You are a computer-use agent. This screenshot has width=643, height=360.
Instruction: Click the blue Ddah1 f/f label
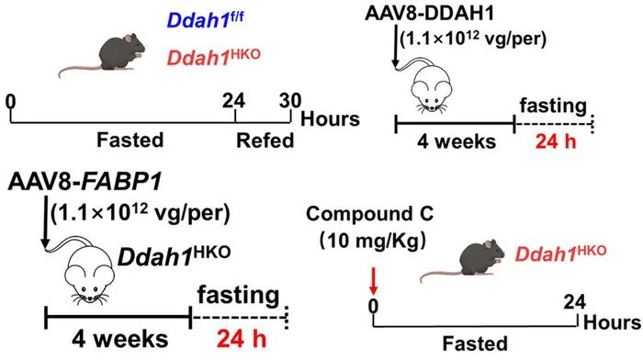(x=205, y=20)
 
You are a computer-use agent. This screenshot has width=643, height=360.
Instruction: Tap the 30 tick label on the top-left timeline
(x=290, y=101)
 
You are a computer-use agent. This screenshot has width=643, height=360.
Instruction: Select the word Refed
(x=265, y=141)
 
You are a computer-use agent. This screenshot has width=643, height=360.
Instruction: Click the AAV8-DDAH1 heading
(x=429, y=13)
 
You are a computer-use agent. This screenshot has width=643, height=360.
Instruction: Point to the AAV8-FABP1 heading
(x=85, y=182)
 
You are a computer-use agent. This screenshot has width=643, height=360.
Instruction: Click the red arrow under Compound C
(x=373, y=281)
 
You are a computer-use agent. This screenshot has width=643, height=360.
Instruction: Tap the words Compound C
(x=369, y=214)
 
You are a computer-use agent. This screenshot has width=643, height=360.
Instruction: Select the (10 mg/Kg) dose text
(x=372, y=241)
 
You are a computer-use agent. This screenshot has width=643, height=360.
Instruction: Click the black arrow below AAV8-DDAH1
(x=395, y=46)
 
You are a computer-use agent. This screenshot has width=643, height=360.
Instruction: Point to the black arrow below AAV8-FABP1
(x=45, y=222)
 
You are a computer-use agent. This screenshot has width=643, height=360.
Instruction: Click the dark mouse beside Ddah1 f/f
(x=103, y=56)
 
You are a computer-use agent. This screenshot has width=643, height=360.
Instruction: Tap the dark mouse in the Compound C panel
(x=463, y=262)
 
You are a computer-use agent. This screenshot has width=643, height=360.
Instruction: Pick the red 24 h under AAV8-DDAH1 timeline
(x=556, y=141)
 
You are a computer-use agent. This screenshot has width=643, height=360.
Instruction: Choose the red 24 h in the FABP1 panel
(x=242, y=339)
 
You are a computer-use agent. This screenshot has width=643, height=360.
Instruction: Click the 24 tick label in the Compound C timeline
(x=574, y=302)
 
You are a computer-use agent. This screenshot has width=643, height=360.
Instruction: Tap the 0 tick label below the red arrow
(x=373, y=306)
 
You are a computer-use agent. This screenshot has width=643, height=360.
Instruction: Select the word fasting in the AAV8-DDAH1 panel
(x=553, y=106)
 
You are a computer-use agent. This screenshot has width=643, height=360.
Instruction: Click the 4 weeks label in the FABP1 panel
(x=120, y=340)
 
